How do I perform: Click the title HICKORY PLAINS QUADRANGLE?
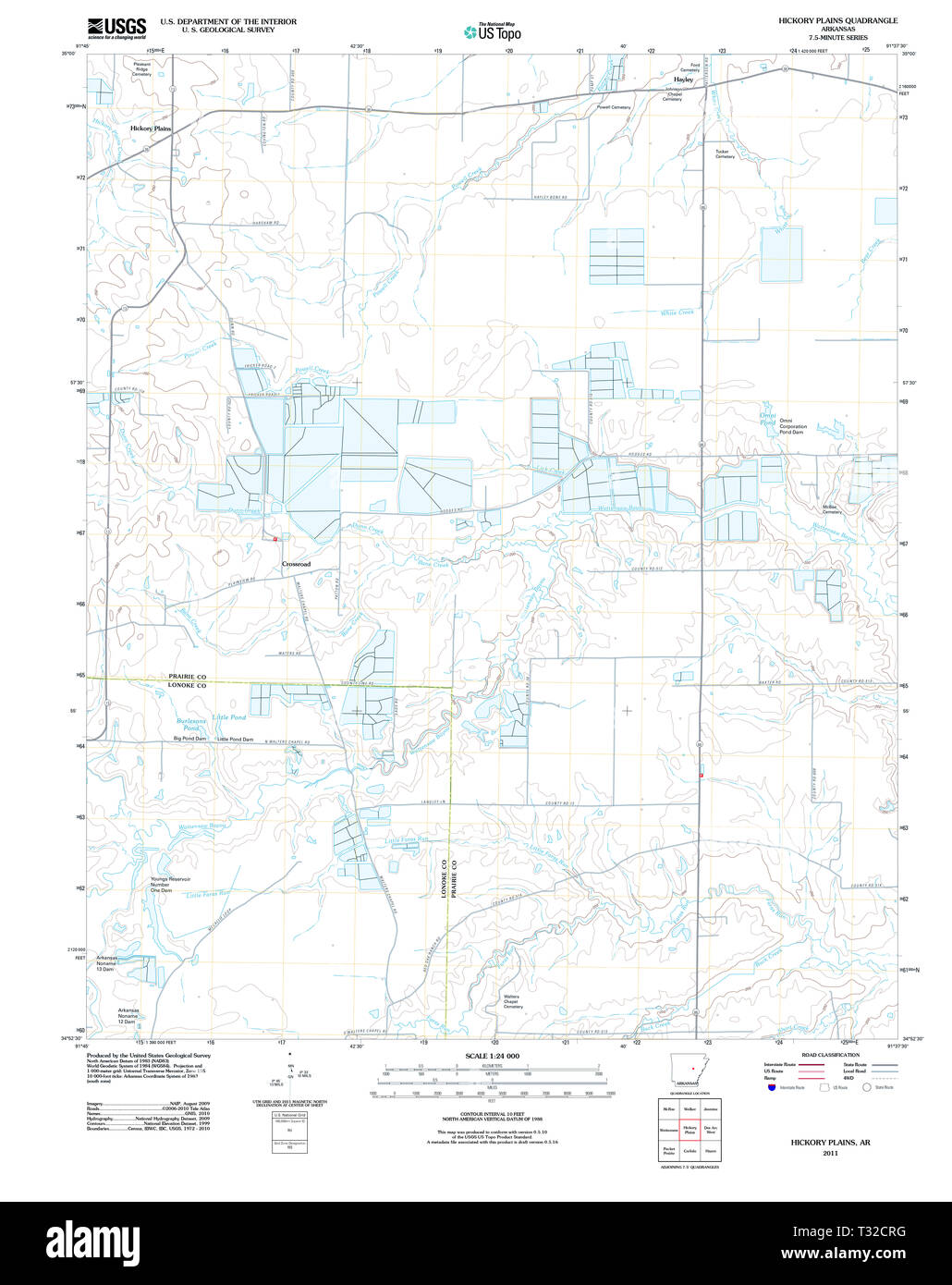[837, 20]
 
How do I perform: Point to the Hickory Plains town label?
[151, 128]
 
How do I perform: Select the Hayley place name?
[683, 80]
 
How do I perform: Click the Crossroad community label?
[296, 564]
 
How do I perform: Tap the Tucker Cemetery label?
[725, 153]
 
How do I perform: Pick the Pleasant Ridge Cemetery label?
[141, 69]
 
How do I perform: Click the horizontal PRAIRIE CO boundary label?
[186, 677]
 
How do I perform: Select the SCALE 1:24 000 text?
[492, 1056]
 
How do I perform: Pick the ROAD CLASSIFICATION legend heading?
[831, 1055]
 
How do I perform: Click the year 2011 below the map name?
[830, 1153]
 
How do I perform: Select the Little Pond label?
[229, 717]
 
